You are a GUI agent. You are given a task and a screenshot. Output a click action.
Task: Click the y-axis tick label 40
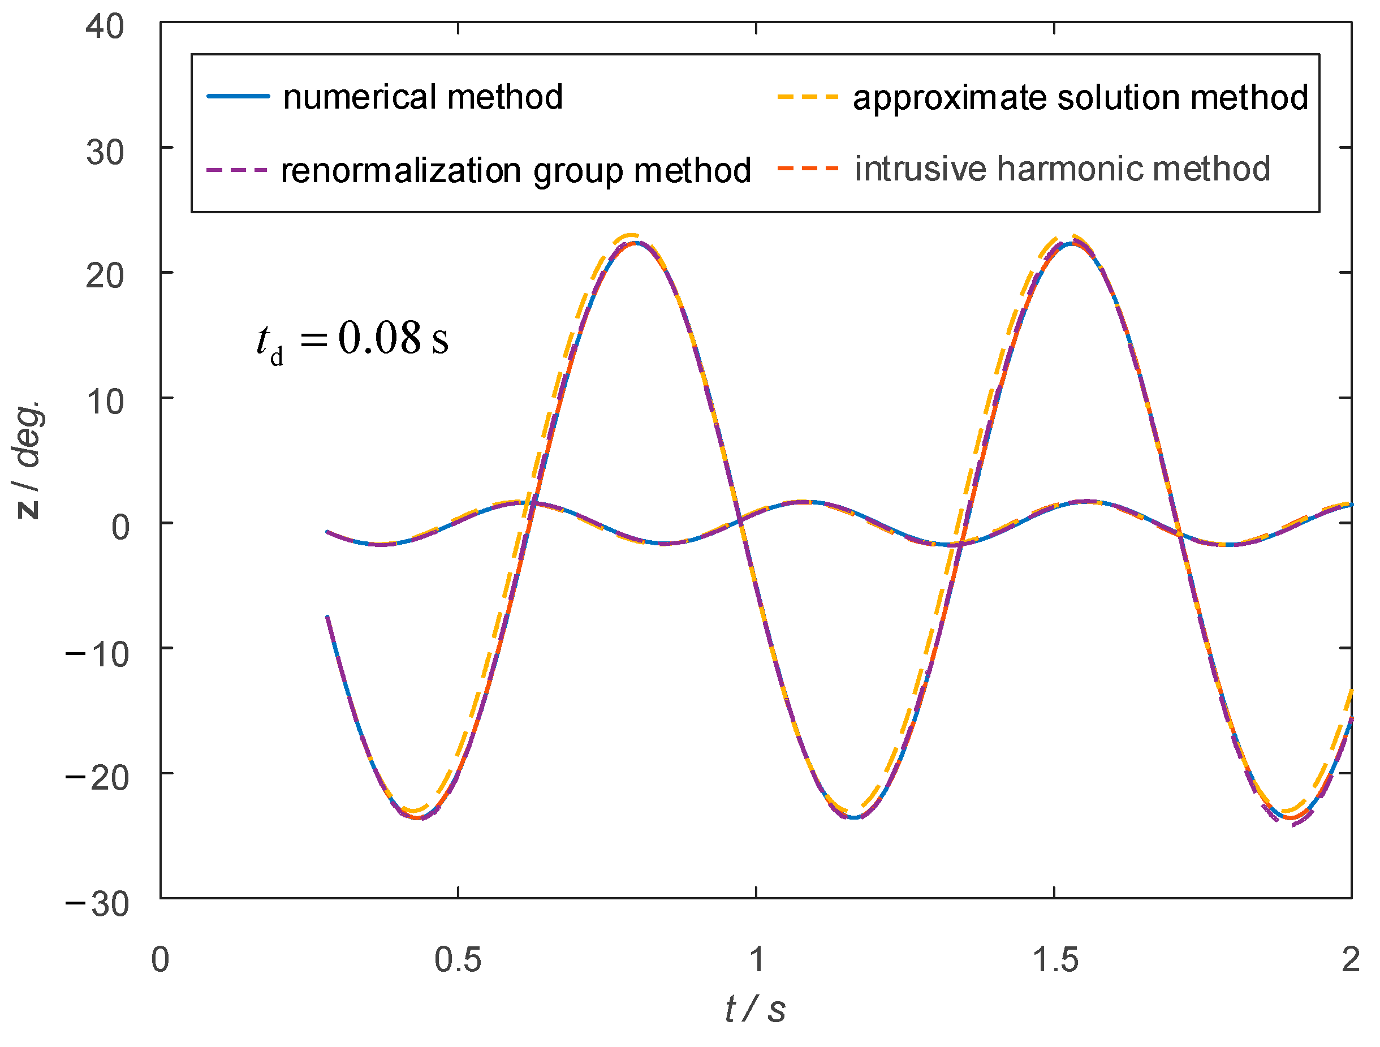coord(105,28)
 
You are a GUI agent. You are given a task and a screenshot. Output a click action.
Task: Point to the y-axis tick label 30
coord(105,153)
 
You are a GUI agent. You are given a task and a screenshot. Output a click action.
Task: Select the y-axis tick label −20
coord(97,778)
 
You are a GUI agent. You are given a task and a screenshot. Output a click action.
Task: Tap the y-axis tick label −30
coord(97,904)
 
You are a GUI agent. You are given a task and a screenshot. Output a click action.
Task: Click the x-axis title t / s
coord(755,1009)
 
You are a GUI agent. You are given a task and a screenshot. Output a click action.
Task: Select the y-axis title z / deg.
coord(29,460)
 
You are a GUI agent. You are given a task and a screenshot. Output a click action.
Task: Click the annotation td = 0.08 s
coord(352,340)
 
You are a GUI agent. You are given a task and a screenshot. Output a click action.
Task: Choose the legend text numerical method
coord(423,97)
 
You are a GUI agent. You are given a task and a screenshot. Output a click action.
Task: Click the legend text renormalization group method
coord(516,170)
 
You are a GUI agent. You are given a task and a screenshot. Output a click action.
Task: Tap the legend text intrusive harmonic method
coord(1063,169)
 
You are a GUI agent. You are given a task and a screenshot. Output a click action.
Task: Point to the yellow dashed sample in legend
coord(807,97)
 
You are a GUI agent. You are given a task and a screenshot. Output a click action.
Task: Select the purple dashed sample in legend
coord(238,170)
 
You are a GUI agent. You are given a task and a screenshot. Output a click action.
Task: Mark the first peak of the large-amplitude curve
coord(634,243)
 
